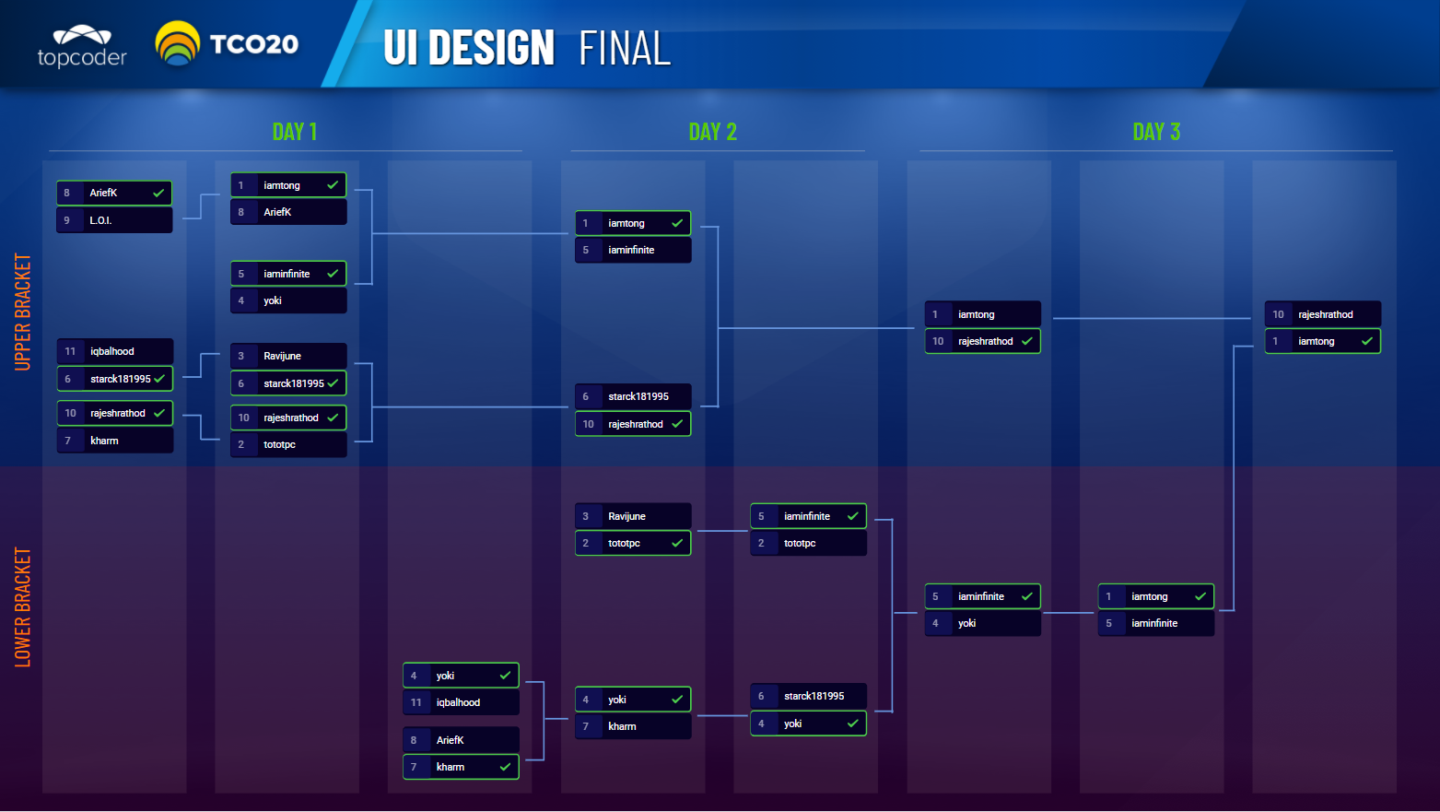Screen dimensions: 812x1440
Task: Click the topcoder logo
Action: pyautogui.click(x=82, y=47)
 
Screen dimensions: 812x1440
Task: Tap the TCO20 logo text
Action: pyautogui.click(x=253, y=44)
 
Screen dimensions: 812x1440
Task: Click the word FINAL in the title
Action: pyautogui.click(x=625, y=48)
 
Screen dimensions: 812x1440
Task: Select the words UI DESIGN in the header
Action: pyautogui.click(x=469, y=48)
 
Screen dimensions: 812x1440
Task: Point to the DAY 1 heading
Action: pyautogui.click(x=295, y=132)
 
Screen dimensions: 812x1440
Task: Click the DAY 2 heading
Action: pyautogui.click(x=713, y=132)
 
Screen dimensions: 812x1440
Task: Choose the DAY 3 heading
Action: pyautogui.click(x=1156, y=132)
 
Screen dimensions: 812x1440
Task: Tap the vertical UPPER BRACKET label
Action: pyautogui.click(x=23, y=312)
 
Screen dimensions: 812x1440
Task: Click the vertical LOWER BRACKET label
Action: pyautogui.click(x=23, y=606)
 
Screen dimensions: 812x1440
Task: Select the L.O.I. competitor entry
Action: pyautogui.click(x=114, y=220)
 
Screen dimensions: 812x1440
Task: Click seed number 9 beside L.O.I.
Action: pyautogui.click(x=67, y=220)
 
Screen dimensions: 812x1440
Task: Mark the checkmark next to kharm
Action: pyautogui.click(x=505, y=767)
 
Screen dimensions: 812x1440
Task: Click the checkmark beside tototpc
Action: pyautogui.click(x=677, y=543)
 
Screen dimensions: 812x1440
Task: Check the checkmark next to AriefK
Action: pyautogui.click(x=158, y=193)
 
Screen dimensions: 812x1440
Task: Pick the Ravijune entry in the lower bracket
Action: pyautogui.click(x=633, y=516)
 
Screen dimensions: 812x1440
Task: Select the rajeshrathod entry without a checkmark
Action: pyautogui.click(x=1323, y=314)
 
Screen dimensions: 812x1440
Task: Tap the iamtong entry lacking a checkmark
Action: pyautogui.click(x=982, y=314)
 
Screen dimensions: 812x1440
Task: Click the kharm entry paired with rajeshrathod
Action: pyautogui.click(x=115, y=441)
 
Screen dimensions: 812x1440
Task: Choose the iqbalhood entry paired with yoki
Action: pyautogui.click(x=461, y=702)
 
